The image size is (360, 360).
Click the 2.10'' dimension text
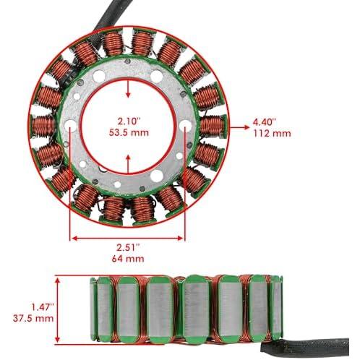coord(129,121)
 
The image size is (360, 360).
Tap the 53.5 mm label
coord(129,132)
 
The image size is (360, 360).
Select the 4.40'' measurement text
coord(264,122)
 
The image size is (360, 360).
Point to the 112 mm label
coord(273,133)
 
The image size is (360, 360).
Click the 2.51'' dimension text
coord(128,247)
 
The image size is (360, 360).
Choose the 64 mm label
coord(128,259)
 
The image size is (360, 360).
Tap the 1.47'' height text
coord(43,307)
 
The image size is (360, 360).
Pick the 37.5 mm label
coord(33,318)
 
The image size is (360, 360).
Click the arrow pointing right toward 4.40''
coord(239,127)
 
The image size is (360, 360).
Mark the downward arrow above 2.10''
coord(128,89)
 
